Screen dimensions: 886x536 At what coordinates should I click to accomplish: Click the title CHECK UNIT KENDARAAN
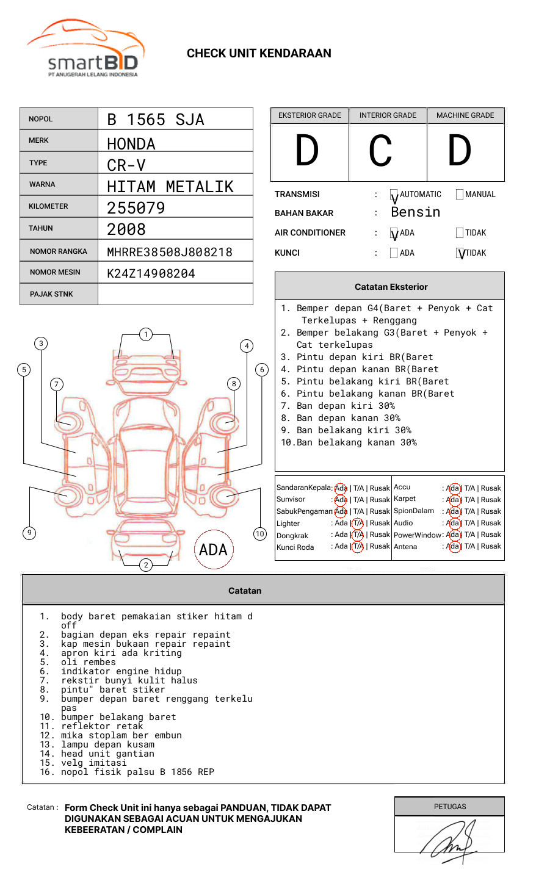pyautogui.click(x=259, y=54)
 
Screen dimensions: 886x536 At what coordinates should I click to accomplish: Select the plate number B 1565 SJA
pyautogui.click(x=155, y=120)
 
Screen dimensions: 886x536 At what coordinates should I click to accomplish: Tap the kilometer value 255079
pyautogui.click(x=136, y=208)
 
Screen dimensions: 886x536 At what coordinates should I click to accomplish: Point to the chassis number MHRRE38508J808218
pyautogui.click(x=169, y=252)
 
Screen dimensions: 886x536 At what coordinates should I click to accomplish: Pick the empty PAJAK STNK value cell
pyautogui.click(x=175, y=294)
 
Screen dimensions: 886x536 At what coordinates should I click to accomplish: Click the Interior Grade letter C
pyautogui.click(x=380, y=151)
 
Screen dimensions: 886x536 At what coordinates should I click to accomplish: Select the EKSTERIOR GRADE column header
pyautogui.click(x=310, y=115)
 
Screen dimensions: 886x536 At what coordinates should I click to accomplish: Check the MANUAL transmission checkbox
pyautogui.click(x=460, y=195)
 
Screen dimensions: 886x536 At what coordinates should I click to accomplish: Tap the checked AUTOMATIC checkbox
pyautogui.click(x=394, y=195)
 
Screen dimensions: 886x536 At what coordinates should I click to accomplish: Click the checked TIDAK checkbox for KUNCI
pyautogui.click(x=460, y=253)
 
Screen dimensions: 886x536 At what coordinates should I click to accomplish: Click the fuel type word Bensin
pyautogui.click(x=415, y=212)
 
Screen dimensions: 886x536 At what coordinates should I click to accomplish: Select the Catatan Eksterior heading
pyautogui.click(x=391, y=287)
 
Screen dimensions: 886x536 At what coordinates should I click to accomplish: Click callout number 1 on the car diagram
pyautogui.click(x=145, y=334)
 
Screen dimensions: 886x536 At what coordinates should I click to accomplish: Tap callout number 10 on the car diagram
pyautogui.click(x=260, y=534)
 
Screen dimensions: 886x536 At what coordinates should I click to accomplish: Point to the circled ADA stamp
pyautogui.click(x=213, y=549)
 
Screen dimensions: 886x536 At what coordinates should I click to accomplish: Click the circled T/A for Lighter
pyautogui.click(x=358, y=523)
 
